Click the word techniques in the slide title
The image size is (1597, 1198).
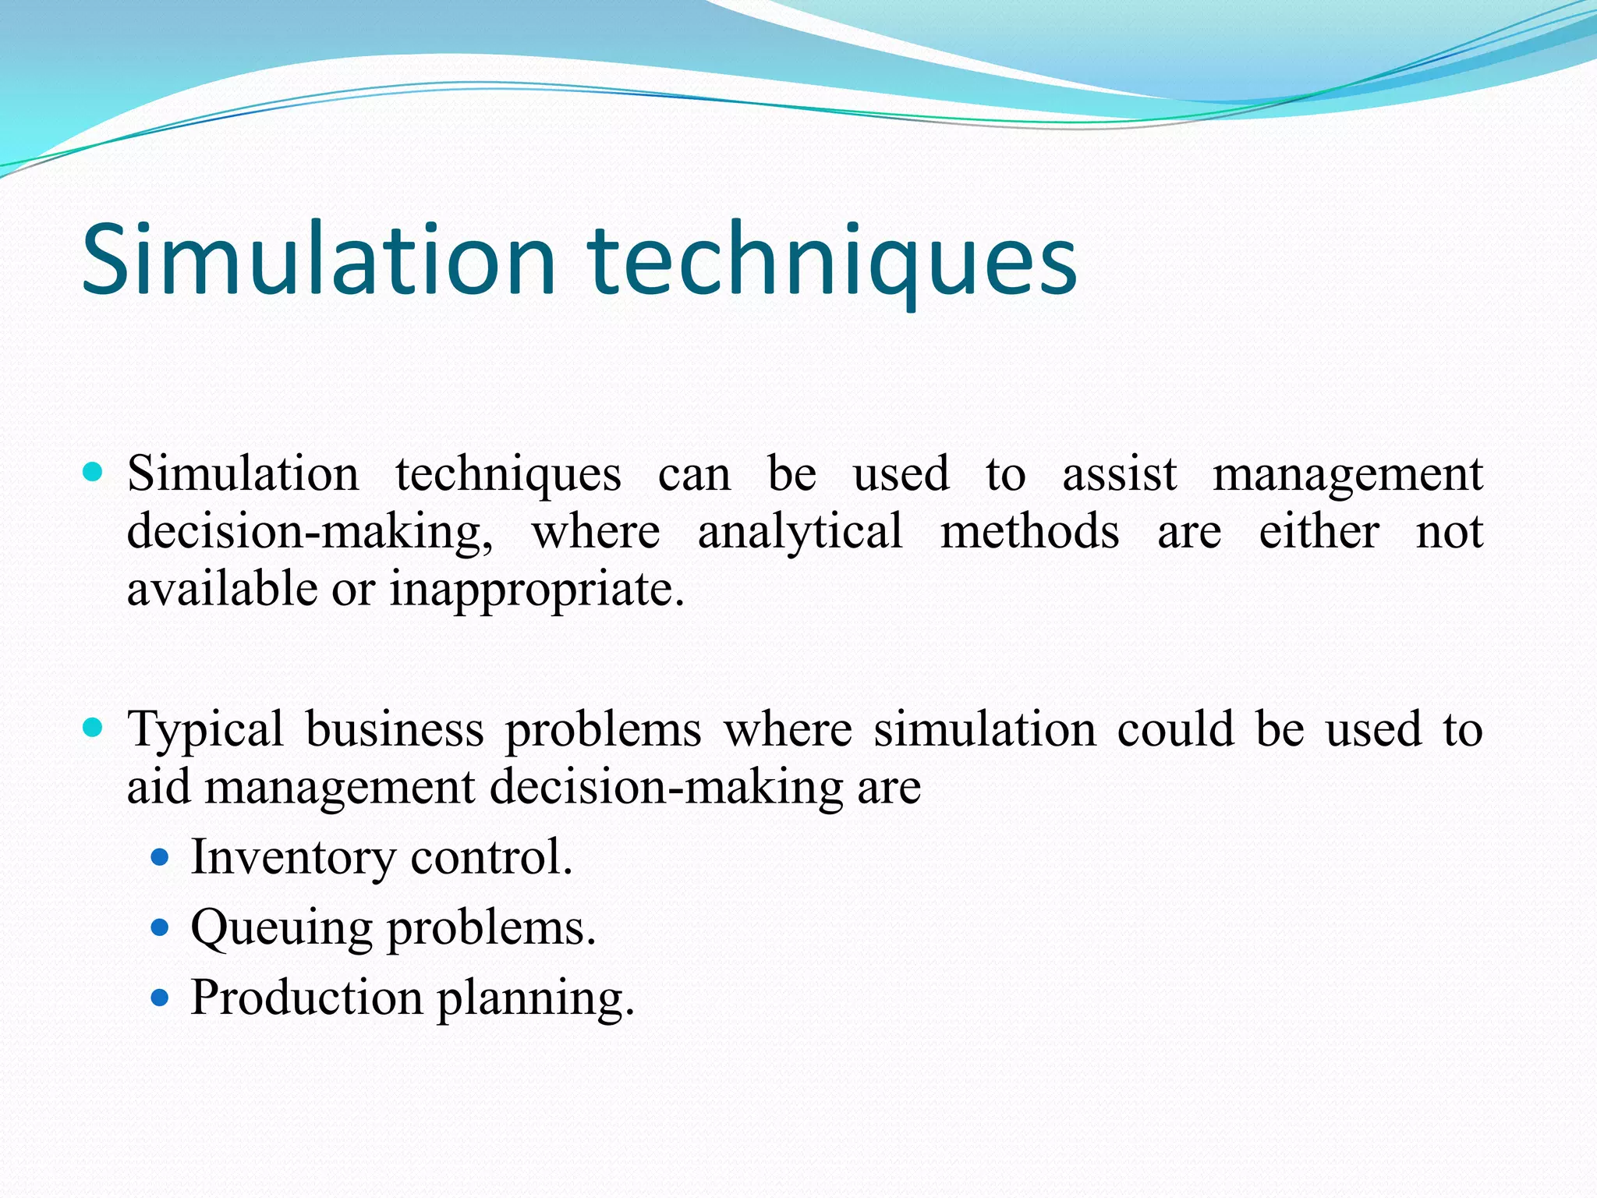click(832, 261)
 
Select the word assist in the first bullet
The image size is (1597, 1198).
click(1119, 473)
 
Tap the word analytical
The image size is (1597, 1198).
click(800, 532)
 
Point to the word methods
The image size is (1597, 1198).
click(1029, 532)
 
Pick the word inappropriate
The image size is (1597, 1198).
click(536, 590)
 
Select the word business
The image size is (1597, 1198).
click(395, 729)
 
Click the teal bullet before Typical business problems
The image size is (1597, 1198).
click(93, 728)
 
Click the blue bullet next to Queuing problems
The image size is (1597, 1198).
click(160, 927)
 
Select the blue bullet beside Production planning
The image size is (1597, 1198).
click(160, 998)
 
